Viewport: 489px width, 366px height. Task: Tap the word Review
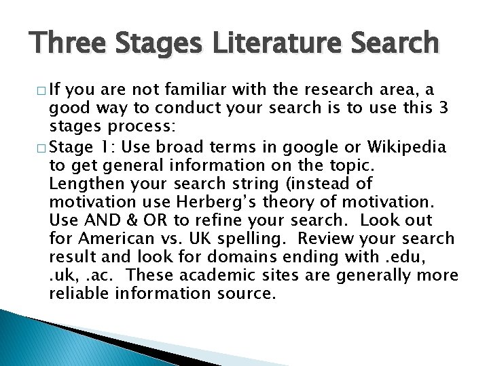[322, 238]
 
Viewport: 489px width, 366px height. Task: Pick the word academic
[211, 275]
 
